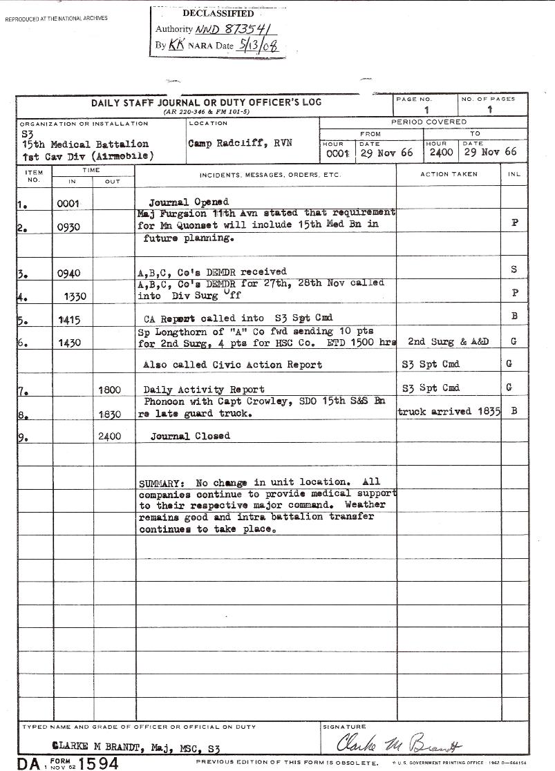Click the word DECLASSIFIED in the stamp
[x=218, y=14]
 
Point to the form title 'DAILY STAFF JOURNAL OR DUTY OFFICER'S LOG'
[x=206, y=103]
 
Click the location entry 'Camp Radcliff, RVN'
[x=240, y=144]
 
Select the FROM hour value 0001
[x=338, y=153]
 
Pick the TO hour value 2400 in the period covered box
[x=441, y=152]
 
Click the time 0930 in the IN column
[x=69, y=227]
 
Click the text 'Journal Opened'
[x=189, y=202]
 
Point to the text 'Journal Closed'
[x=190, y=437]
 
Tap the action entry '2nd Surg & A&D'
[x=442, y=341]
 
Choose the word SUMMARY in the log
[x=162, y=483]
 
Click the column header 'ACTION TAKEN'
[x=448, y=174]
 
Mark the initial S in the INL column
[x=514, y=269]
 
